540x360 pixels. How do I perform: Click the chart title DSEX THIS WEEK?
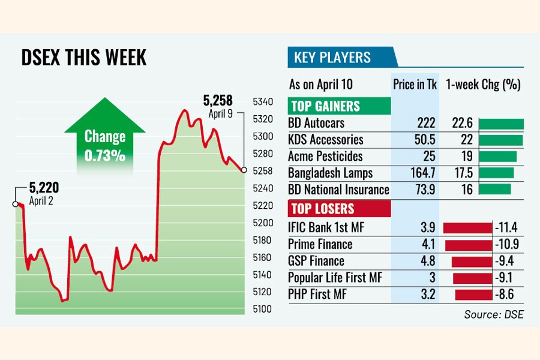coord(83,58)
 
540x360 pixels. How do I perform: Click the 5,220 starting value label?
coord(44,188)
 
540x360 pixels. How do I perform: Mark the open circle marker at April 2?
coord(15,204)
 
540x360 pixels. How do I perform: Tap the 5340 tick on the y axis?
coord(262,101)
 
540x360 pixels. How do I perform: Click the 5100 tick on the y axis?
coord(262,309)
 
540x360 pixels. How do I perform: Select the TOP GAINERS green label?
coord(325,107)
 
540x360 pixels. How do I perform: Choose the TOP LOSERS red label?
coord(322,209)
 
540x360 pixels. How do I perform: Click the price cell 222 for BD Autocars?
coord(425,124)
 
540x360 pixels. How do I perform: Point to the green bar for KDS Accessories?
coord(501,140)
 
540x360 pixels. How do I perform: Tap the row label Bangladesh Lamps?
coord(330,173)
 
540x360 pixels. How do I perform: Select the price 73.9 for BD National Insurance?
coord(424,190)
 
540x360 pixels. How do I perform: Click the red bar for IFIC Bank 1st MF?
coord(467,227)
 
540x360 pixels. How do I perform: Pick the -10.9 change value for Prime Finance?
coord(506,244)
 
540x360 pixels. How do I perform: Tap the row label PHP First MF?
coord(317,295)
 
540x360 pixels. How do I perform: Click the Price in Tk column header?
coord(415,85)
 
